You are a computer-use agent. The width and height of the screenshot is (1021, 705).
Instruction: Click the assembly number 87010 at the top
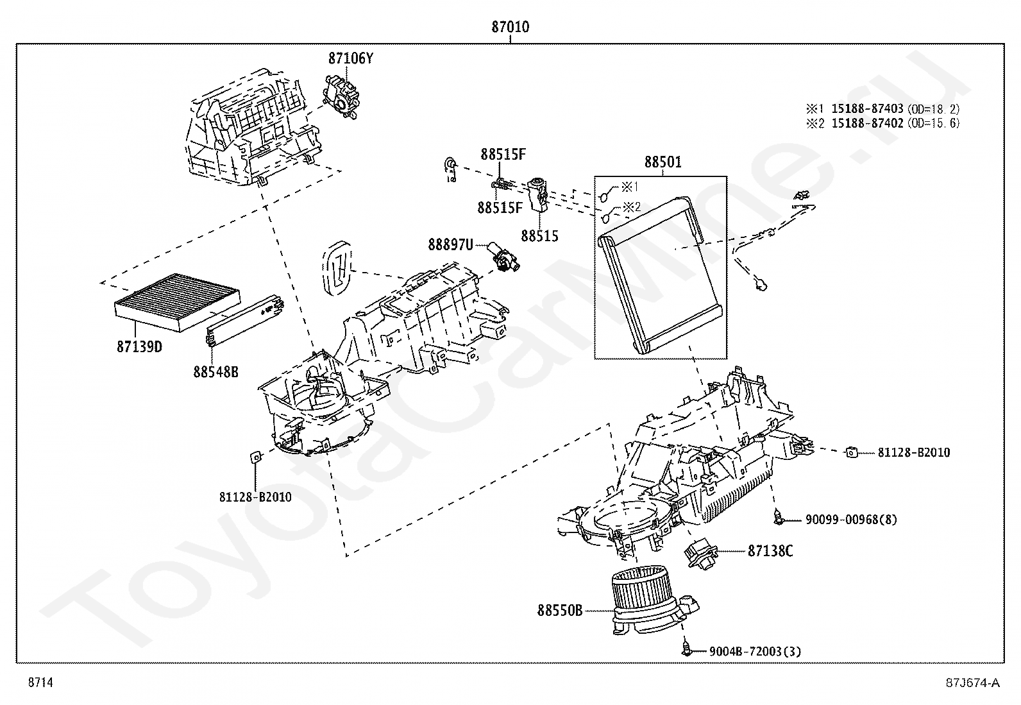510,27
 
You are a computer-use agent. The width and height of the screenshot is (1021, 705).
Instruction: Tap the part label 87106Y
351,58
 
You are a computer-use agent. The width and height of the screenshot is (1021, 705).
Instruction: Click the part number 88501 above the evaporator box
662,162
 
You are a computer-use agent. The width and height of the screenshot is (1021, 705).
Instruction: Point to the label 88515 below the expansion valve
539,236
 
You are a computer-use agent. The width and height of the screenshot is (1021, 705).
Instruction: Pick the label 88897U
450,245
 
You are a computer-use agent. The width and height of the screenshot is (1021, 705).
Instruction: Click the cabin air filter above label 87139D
177,302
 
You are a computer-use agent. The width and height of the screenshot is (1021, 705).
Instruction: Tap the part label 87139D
139,346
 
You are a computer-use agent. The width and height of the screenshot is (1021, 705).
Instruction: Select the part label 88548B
215,371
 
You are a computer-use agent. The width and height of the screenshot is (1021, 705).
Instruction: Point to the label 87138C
770,551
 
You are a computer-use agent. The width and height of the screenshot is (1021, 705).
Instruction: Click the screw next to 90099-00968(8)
779,518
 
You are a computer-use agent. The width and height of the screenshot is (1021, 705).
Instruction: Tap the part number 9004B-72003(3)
755,651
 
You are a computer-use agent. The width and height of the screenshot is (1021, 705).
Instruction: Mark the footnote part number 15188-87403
867,108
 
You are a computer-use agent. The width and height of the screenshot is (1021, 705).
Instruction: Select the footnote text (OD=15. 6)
934,123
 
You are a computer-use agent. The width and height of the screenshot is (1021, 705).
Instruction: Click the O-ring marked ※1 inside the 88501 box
603,196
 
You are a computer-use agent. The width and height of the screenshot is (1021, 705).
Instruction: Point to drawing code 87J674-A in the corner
973,682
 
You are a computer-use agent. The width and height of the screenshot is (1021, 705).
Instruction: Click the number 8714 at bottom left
40,682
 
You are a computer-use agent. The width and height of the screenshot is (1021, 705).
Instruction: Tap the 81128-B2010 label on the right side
914,452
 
